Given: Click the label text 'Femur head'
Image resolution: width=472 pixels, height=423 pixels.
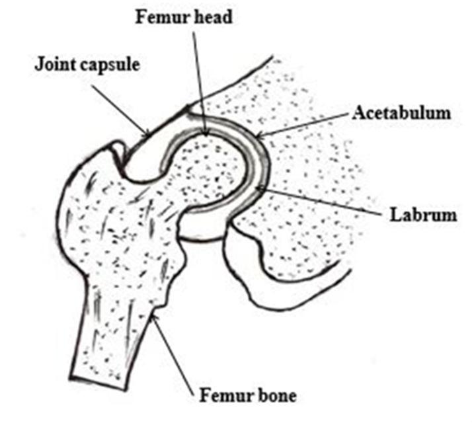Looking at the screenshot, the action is click(184, 17).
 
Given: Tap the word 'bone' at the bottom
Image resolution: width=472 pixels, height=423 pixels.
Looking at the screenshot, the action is click(276, 397).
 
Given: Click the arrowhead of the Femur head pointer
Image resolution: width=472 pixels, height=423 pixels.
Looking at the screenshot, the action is click(206, 134).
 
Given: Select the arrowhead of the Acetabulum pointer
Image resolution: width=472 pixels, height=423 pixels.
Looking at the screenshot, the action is click(256, 137).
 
